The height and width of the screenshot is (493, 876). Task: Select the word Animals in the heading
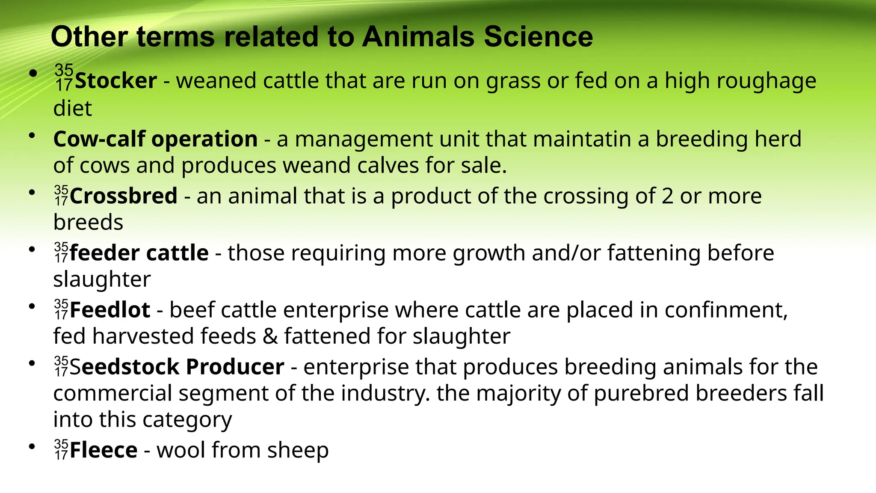(418, 37)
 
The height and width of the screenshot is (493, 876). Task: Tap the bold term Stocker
(115, 81)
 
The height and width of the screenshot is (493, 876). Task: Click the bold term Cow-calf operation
(155, 139)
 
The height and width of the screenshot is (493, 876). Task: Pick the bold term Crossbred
(124, 196)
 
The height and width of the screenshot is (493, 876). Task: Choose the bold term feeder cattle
(139, 253)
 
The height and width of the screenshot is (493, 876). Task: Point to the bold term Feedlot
(110, 310)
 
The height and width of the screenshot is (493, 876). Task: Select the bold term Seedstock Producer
(177, 367)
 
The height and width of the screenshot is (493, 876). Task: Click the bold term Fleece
(104, 450)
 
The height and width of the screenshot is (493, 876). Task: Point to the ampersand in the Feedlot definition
(270, 336)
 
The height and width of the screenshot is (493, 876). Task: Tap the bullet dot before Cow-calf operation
(32, 136)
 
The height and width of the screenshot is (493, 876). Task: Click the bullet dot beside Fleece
(32, 447)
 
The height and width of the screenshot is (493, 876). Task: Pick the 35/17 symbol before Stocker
(64, 77)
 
